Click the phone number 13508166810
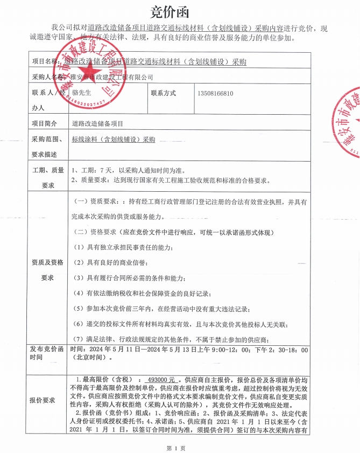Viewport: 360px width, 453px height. click(215, 93)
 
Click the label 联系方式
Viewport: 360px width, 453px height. click(164, 93)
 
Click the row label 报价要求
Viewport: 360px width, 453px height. click(43, 400)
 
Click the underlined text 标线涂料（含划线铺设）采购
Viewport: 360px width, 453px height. click(113, 139)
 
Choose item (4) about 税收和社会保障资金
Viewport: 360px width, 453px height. click(142, 293)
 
